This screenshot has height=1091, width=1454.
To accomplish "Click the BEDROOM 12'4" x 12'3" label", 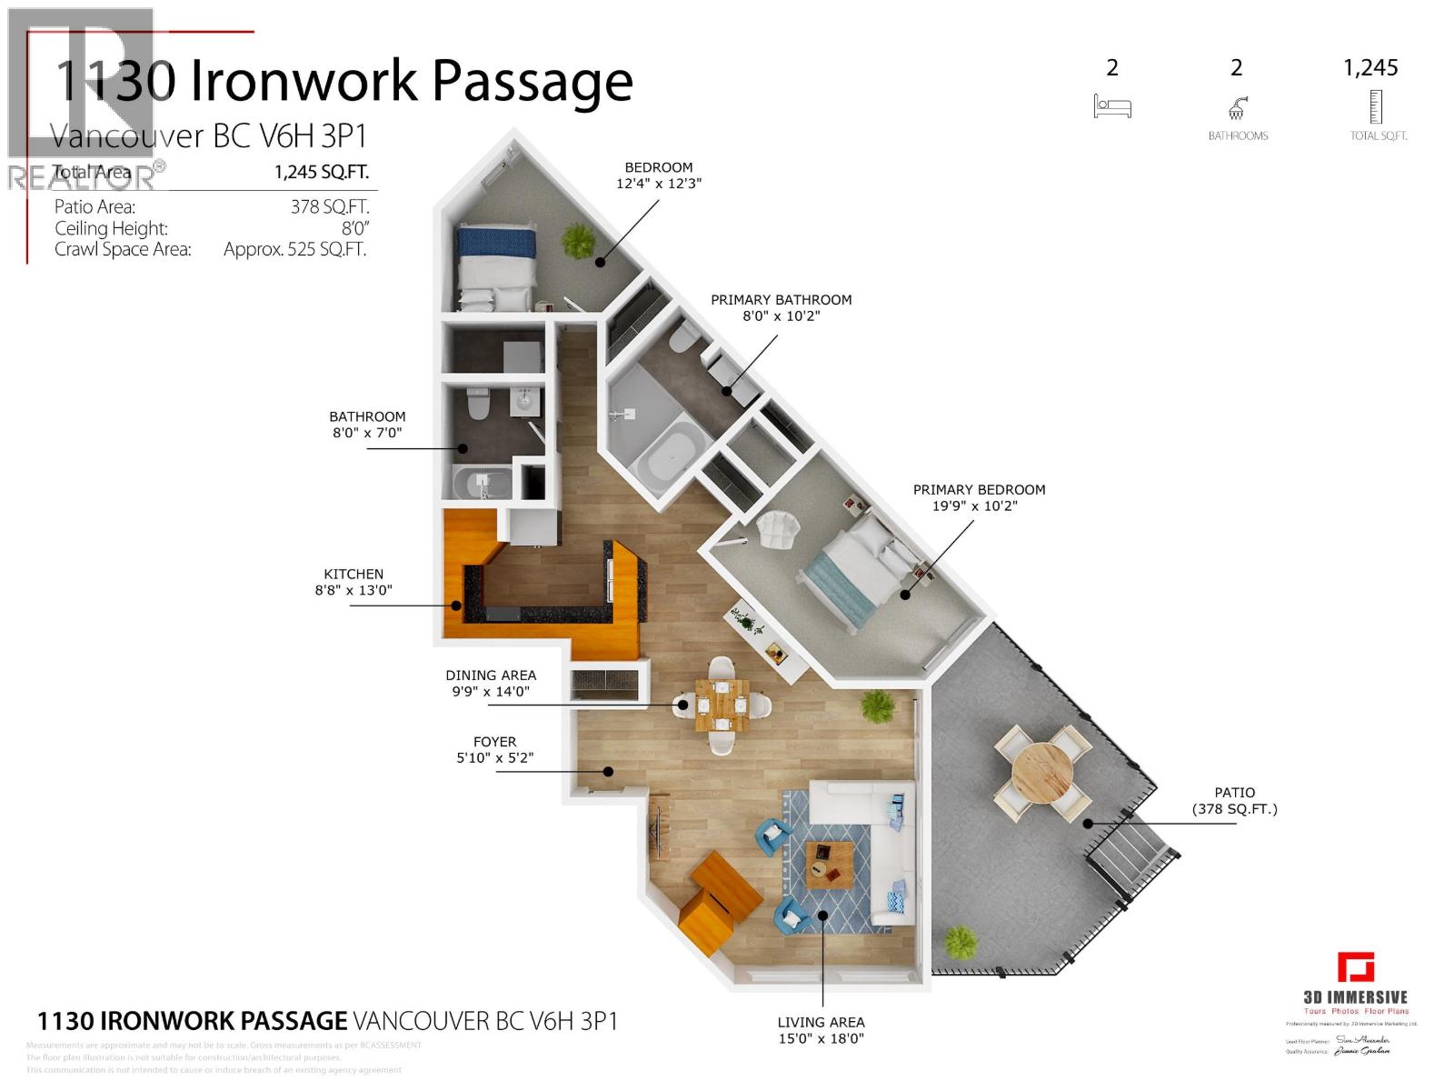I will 658,175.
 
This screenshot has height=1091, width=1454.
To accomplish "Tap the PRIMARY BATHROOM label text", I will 781,300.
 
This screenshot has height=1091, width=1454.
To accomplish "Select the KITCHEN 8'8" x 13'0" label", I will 354,582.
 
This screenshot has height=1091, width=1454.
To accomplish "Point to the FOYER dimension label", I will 494,750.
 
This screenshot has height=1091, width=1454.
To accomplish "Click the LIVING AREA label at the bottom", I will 821,1030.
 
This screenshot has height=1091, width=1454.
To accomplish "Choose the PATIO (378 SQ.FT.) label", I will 1234,801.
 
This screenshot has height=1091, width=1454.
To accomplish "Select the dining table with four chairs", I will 722,705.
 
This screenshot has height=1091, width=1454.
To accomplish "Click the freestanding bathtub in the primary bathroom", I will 673,457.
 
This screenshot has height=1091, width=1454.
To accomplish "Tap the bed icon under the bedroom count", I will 1112,107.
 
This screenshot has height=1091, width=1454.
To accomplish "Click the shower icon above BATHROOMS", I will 1237,109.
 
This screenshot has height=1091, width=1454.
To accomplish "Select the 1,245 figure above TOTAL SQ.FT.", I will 1370,68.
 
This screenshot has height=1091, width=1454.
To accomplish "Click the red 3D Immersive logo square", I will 1355,967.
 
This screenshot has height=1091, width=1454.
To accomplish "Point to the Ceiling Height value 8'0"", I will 355,229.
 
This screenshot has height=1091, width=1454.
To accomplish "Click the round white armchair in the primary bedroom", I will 778,529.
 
